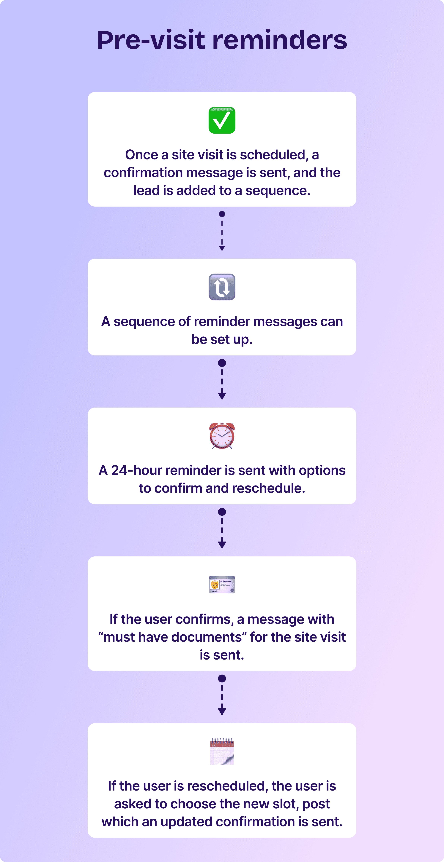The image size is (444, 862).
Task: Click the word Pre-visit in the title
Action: pos(151,40)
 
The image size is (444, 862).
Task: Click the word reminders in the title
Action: pos(280,40)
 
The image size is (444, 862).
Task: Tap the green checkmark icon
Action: pos(222,120)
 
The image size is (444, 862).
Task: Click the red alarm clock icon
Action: pos(222,436)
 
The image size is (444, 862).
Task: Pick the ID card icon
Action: pos(222,585)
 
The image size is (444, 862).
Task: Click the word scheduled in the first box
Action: pos(272,155)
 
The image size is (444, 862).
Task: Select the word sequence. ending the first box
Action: pos(278,191)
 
